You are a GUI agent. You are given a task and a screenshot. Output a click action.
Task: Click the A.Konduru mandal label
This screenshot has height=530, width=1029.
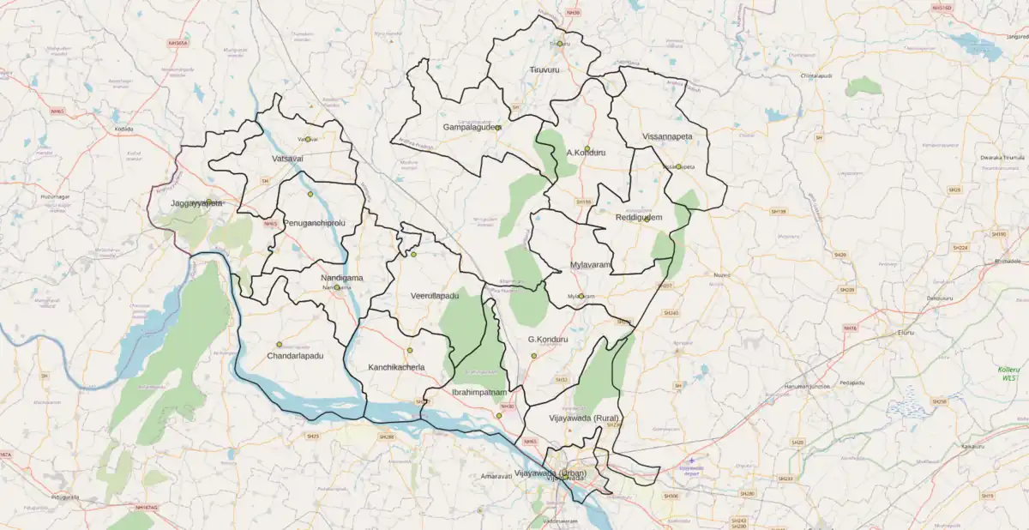pyautogui.click(x=586, y=153)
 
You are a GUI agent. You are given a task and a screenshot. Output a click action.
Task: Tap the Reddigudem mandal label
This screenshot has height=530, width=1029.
pyautogui.click(x=639, y=218)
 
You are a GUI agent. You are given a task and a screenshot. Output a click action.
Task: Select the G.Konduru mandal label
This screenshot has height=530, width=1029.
pyautogui.click(x=548, y=340)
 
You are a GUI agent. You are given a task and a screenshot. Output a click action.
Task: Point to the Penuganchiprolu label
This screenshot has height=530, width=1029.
pyautogui.click(x=314, y=223)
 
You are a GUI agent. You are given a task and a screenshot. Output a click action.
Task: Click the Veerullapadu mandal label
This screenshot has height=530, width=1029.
pyautogui.click(x=435, y=296)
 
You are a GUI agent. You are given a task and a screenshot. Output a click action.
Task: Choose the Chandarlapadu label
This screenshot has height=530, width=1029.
pyautogui.click(x=295, y=355)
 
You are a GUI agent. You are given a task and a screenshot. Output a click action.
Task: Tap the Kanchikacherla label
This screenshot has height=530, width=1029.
pyautogui.click(x=396, y=367)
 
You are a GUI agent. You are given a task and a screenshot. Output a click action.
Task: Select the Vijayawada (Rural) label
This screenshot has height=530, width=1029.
pyautogui.click(x=584, y=419)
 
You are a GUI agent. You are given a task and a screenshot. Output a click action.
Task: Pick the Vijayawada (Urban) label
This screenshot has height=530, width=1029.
pyautogui.click(x=550, y=473)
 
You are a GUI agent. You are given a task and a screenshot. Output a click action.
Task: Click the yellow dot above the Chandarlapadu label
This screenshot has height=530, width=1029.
pyautogui.click(x=279, y=345)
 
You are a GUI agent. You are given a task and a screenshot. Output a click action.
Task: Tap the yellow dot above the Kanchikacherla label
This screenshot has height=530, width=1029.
pyautogui.click(x=409, y=350)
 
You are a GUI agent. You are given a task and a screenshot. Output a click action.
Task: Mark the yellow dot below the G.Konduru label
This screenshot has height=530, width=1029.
pyautogui.click(x=533, y=355)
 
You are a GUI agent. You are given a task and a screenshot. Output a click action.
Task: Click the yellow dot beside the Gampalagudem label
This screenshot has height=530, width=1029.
pyautogui.click(x=498, y=128)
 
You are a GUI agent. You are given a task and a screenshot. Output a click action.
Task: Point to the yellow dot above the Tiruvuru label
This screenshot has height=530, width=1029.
pyautogui.click(x=559, y=44)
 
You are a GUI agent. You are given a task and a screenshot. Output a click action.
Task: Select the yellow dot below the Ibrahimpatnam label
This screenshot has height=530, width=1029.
pyautogui.click(x=498, y=416)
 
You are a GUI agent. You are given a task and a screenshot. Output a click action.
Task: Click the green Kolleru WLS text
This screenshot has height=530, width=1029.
pyautogui.click(x=1009, y=373)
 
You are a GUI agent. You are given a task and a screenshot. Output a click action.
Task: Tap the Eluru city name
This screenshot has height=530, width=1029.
pyautogui.click(x=906, y=332)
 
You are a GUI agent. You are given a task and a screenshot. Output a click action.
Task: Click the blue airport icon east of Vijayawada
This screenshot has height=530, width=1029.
pyautogui.click(x=691, y=461)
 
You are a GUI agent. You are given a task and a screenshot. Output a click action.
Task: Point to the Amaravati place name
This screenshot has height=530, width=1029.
pyautogui.click(x=496, y=475)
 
